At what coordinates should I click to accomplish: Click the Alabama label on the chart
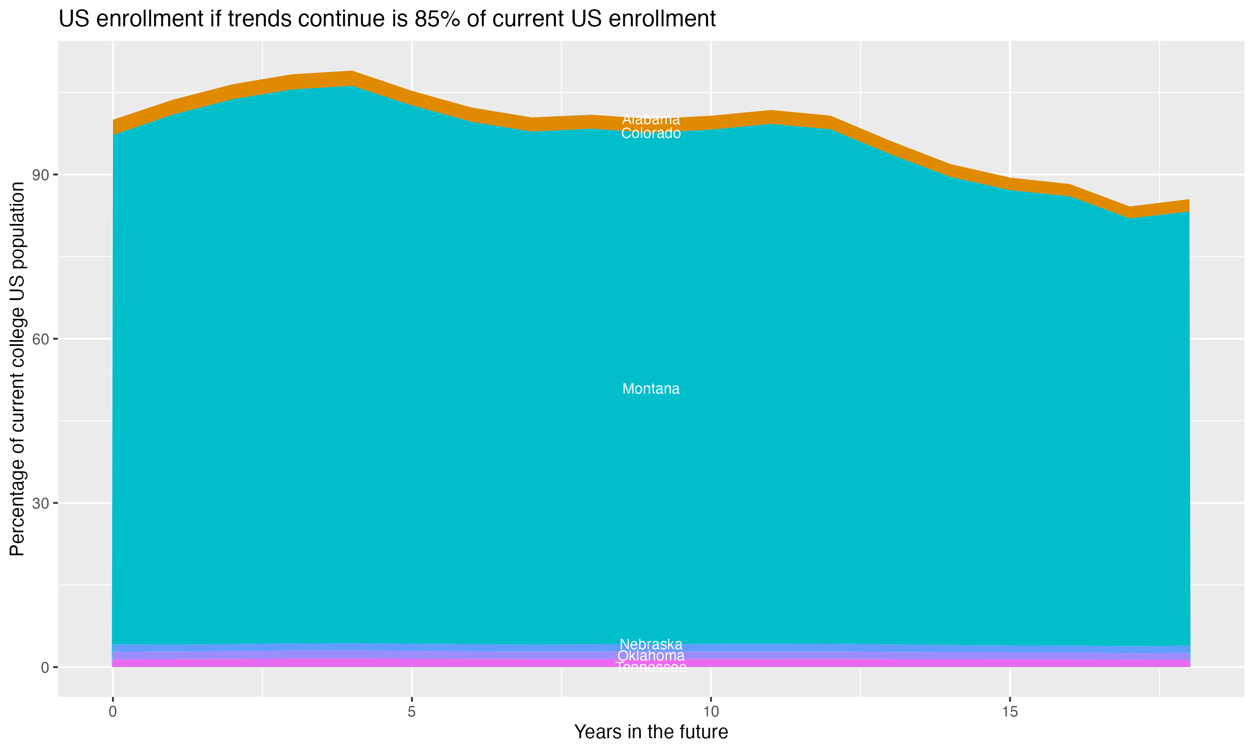coord(651,119)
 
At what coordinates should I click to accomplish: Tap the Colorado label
coord(651,133)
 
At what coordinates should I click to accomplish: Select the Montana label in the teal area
coord(651,389)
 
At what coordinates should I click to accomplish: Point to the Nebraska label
coord(651,645)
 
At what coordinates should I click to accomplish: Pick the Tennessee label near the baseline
coord(651,667)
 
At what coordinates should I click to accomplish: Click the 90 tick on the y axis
coord(41,175)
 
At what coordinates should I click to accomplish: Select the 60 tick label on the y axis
coord(41,339)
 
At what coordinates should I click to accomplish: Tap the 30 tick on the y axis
coord(41,503)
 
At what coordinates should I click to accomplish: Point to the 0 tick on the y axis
coord(45,667)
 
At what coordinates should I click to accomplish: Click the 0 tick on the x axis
coord(112,712)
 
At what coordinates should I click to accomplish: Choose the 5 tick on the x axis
coord(412,712)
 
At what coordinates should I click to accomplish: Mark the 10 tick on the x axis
coord(711,712)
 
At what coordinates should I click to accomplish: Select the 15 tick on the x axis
coord(1010,712)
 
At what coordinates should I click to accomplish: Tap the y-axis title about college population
coord(17,369)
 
